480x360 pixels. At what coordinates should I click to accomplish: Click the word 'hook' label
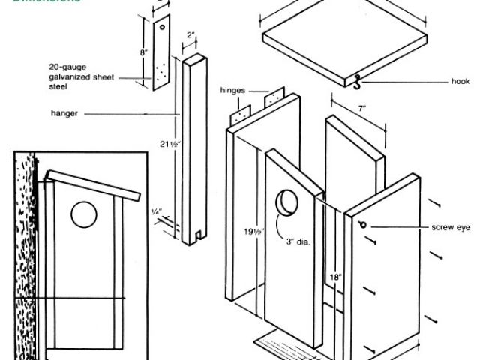460,81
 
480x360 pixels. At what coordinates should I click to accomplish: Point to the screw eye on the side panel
362,225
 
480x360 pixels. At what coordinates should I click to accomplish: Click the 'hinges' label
232,91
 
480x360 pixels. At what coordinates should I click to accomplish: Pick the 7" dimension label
362,109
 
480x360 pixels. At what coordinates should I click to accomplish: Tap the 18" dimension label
335,277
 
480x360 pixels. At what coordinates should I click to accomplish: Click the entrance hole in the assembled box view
84,215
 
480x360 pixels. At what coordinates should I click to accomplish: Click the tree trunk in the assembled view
25,255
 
